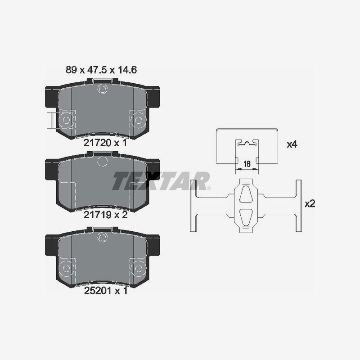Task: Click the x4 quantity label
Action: click(x=293, y=144)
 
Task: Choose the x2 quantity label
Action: click(x=310, y=203)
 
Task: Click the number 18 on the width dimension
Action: click(x=247, y=165)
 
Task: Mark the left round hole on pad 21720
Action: click(x=66, y=120)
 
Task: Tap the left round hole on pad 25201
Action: click(x=66, y=268)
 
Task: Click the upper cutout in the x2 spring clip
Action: click(x=247, y=194)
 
